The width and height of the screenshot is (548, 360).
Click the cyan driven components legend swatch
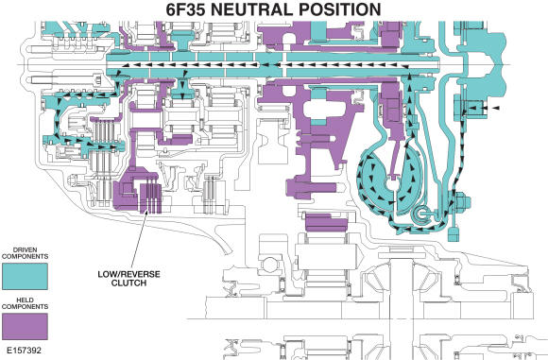click(26, 275)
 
